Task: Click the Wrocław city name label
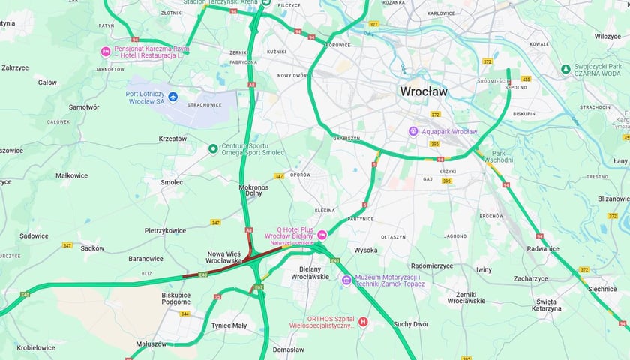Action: click(423, 91)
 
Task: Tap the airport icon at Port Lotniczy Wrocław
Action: click(173, 97)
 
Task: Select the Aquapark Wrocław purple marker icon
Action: click(412, 131)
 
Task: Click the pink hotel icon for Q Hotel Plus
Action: click(322, 235)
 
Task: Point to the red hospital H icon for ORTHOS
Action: click(364, 322)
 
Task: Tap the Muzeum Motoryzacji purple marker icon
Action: click(346, 280)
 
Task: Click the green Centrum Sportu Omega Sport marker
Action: click(213, 148)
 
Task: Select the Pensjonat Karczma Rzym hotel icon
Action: click(106, 52)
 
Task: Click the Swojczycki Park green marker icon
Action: click(565, 69)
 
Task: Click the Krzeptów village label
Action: click(172, 139)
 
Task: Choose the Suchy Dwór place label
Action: click(411, 324)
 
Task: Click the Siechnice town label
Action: click(602, 288)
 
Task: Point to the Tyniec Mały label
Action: click(229, 325)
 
